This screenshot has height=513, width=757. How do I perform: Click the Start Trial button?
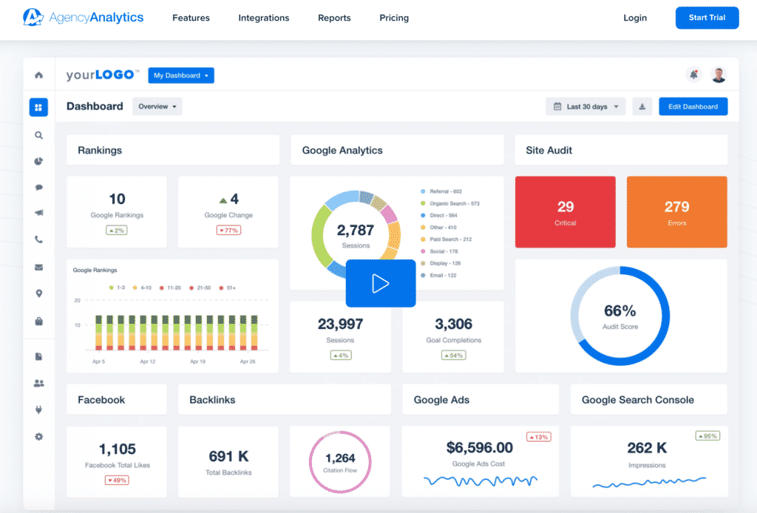tap(707, 18)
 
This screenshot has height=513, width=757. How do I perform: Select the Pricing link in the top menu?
tap(394, 18)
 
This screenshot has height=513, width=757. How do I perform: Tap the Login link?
tap(635, 18)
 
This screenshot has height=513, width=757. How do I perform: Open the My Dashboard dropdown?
tap(181, 75)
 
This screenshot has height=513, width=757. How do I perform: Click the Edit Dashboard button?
tap(693, 106)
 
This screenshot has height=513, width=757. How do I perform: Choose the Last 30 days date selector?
tap(586, 106)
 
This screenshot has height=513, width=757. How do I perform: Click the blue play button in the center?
tap(381, 283)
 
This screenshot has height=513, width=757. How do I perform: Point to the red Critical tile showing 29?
tap(566, 211)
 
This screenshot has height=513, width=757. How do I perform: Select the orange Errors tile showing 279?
tap(676, 211)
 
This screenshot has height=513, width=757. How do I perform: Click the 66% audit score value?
tap(619, 311)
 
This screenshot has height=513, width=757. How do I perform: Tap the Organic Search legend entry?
tap(454, 203)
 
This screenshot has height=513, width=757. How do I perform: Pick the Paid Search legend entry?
tap(450, 239)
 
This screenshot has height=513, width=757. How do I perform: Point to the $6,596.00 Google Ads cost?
tap(480, 447)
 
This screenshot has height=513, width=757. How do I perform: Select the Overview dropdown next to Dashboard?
tap(157, 106)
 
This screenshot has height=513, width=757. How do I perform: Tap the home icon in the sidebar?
tap(38, 75)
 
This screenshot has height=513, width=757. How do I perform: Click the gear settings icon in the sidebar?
tap(38, 436)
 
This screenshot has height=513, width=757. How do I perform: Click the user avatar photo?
tap(718, 75)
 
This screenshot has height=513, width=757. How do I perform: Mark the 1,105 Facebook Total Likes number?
tap(117, 449)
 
